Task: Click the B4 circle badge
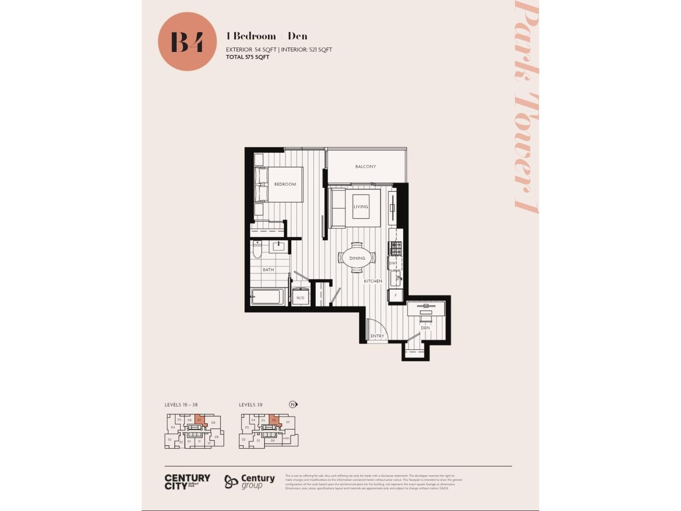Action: pyautogui.click(x=187, y=41)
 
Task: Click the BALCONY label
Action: pyautogui.click(x=366, y=167)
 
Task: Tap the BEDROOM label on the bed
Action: pyautogui.click(x=285, y=184)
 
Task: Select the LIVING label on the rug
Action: pyautogui.click(x=361, y=207)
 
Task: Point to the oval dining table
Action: pyautogui.click(x=357, y=258)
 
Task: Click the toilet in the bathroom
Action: pyautogui.click(x=257, y=250)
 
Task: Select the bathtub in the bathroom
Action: pyautogui.click(x=267, y=297)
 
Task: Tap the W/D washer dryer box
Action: pyautogui.click(x=300, y=297)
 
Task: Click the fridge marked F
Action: pyautogui.click(x=396, y=295)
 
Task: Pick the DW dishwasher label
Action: pyautogui.click(x=393, y=263)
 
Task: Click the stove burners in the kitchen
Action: pyautogui.click(x=396, y=248)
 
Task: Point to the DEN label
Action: pyautogui.click(x=425, y=328)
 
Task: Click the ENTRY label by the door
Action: pyautogui.click(x=377, y=336)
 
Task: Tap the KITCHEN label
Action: pyautogui.click(x=373, y=281)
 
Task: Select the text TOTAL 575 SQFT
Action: pyautogui.click(x=248, y=57)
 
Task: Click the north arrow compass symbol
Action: pyautogui.click(x=293, y=405)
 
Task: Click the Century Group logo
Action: pyautogui.click(x=249, y=482)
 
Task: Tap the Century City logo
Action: pyautogui.click(x=187, y=482)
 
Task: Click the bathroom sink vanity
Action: pyautogui.click(x=279, y=247)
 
